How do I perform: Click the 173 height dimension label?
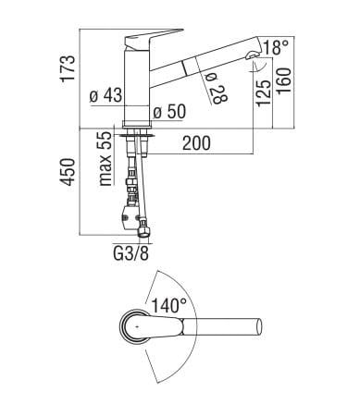[68, 68]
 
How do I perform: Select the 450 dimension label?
[68, 172]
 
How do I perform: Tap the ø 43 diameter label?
[106, 95]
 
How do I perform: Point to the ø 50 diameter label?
[169, 112]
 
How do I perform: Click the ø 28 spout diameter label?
[217, 90]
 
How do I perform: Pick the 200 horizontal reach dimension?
[196, 143]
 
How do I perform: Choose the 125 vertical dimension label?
[264, 93]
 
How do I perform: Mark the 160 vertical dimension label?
[284, 81]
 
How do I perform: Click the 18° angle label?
[276, 47]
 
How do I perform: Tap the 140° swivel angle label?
[169, 305]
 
